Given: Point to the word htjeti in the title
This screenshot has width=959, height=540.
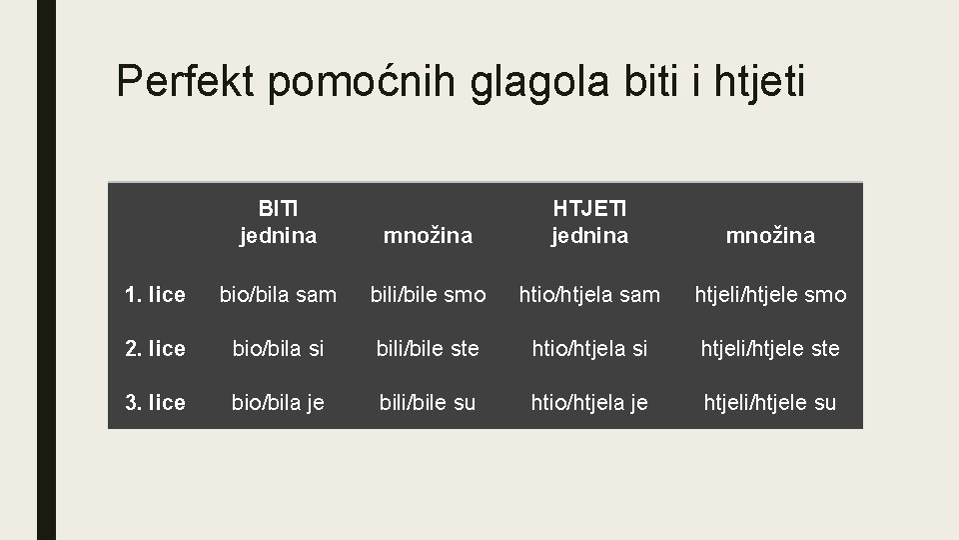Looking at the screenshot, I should [760, 81].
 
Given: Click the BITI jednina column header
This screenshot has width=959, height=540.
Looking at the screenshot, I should [278, 222].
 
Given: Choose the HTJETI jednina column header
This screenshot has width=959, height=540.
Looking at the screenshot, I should [589, 222].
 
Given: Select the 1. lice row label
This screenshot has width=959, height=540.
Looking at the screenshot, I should [155, 295].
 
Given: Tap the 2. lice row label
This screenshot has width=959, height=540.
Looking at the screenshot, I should [155, 349].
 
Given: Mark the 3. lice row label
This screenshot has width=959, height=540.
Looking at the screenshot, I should [155, 403].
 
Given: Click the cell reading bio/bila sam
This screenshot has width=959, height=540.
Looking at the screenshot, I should [278, 295].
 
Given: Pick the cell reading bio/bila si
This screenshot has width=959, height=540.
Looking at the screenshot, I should [278, 349].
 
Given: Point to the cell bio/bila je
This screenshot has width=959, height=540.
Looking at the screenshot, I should [278, 403].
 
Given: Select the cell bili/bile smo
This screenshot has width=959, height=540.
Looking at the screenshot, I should [428, 295].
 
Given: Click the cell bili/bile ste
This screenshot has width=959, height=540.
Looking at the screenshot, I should [428, 349].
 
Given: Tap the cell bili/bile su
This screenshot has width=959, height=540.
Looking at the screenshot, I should [428, 403].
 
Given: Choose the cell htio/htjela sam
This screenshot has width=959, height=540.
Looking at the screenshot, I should [589, 295].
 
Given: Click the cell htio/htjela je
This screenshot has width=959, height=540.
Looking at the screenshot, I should [589, 403].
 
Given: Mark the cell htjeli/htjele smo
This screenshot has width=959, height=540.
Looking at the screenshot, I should [770, 295].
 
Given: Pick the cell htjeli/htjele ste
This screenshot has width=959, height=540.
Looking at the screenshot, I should [770, 349].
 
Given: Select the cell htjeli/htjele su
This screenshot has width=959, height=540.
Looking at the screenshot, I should [770, 403].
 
